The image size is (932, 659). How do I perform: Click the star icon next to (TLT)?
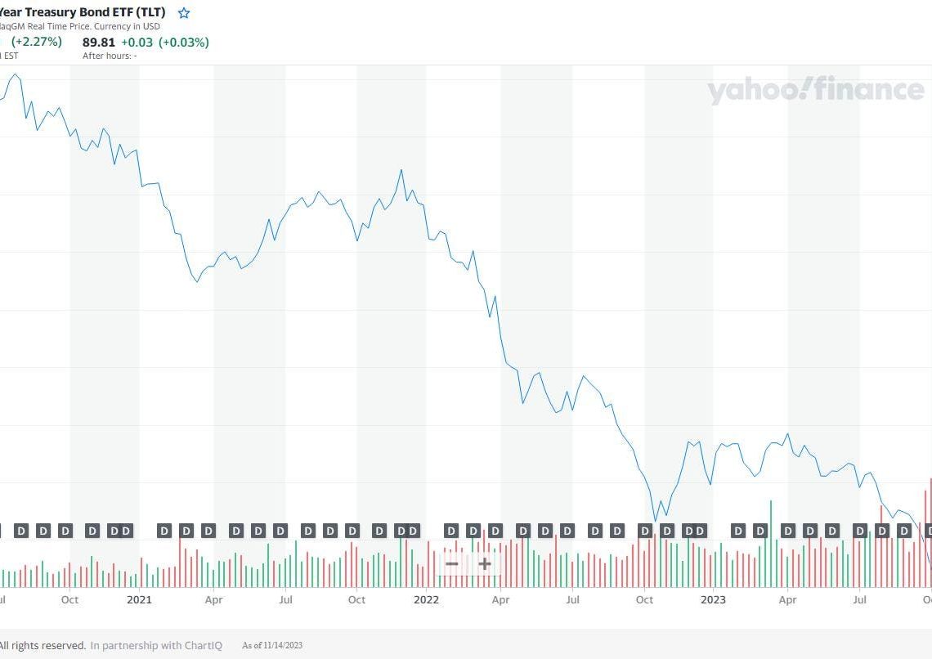click(184, 13)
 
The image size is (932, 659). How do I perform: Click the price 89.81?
click(99, 43)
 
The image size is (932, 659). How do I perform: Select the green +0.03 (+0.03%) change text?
click(165, 43)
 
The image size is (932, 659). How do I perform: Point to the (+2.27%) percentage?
click(36, 42)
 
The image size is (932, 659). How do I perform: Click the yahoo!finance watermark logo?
click(815, 90)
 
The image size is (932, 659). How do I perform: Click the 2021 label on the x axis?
click(139, 599)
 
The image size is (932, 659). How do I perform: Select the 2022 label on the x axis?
click(426, 599)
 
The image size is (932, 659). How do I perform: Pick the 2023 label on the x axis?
click(713, 599)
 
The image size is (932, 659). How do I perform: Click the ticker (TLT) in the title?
click(147, 13)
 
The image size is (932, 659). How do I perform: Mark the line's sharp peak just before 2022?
click(401, 170)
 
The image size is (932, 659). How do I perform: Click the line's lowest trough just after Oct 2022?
click(655, 520)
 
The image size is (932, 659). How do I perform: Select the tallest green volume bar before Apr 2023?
click(770, 501)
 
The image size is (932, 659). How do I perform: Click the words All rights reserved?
click(43, 645)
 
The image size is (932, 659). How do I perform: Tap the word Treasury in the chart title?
click(55, 13)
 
